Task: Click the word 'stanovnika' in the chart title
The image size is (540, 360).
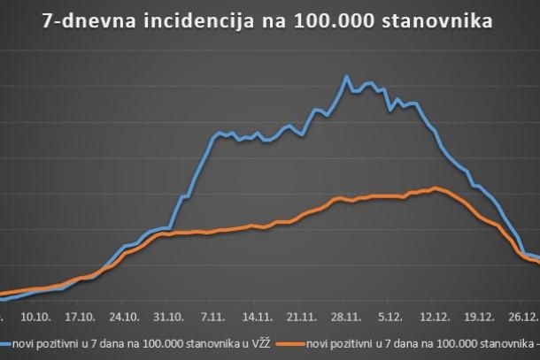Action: coord(439,20)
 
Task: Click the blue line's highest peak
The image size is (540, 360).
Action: coord(346,77)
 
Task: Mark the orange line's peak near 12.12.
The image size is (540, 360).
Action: coord(434,188)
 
